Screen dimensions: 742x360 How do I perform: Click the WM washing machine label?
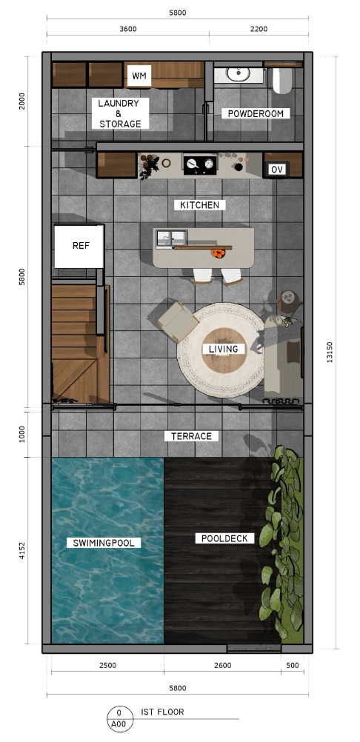(138, 76)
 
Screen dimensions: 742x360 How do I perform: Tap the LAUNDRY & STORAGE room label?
(120, 113)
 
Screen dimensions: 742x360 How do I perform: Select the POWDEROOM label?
(256, 113)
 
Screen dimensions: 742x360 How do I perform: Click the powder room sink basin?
(239, 73)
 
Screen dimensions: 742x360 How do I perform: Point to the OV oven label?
(277, 170)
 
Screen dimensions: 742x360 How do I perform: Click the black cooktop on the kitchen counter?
(199, 164)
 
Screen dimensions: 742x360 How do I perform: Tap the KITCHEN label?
(199, 204)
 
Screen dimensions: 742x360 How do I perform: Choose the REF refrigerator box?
(79, 246)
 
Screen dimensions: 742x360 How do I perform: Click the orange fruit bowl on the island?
(219, 253)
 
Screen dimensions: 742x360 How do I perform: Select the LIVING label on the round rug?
(224, 349)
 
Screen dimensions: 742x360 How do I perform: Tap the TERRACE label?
(191, 436)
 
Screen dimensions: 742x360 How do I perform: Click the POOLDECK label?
(225, 538)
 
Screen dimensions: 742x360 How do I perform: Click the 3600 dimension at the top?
(127, 29)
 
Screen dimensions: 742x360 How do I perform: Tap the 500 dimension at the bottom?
(292, 666)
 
